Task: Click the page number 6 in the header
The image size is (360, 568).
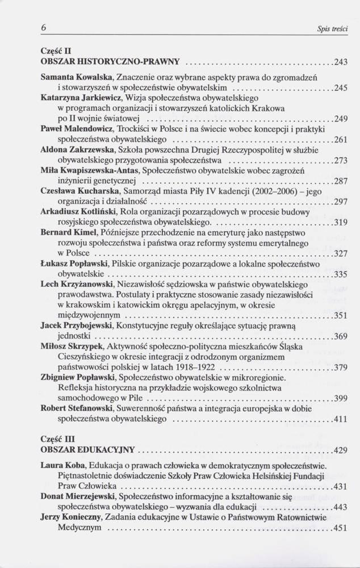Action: click(x=43, y=27)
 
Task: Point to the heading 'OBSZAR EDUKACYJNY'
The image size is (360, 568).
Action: click(x=87, y=450)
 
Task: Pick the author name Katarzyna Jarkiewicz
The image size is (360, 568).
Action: click(x=82, y=98)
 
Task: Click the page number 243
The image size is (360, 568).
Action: click(x=341, y=61)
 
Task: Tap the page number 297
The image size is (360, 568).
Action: click(x=341, y=202)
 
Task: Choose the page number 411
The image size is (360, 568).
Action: click(x=341, y=419)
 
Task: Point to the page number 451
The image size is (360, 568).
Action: click(x=341, y=528)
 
